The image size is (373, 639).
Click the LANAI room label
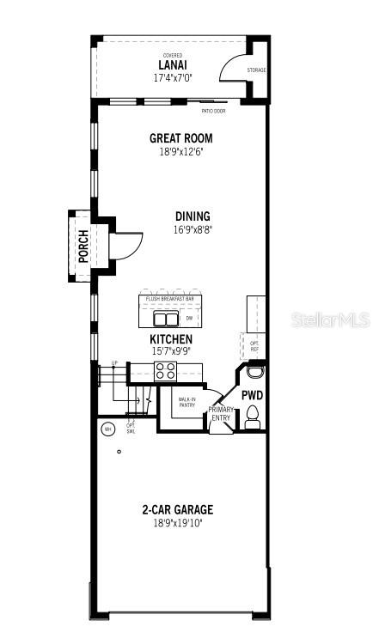click(x=173, y=64)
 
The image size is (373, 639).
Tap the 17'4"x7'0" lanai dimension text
click(x=173, y=77)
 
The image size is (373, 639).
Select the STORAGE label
click(x=256, y=70)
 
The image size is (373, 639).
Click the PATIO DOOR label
click(x=213, y=111)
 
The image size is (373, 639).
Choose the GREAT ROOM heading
click(x=180, y=138)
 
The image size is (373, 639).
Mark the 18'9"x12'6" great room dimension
click(x=180, y=151)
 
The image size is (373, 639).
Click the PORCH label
click(x=83, y=245)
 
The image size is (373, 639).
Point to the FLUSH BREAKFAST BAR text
click(x=169, y=299)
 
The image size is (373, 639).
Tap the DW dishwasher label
click(x=190, y=319)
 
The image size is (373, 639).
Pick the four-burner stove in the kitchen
click(x=165, y=371)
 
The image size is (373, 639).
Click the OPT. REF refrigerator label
click(x=254, y=346)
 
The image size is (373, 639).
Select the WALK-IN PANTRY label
click(x=186, y=402)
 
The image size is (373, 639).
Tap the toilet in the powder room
click(x=253, y=417)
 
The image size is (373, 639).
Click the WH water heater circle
click(x=108, y=429)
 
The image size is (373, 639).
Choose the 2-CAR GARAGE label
click(x=177, y=509)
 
